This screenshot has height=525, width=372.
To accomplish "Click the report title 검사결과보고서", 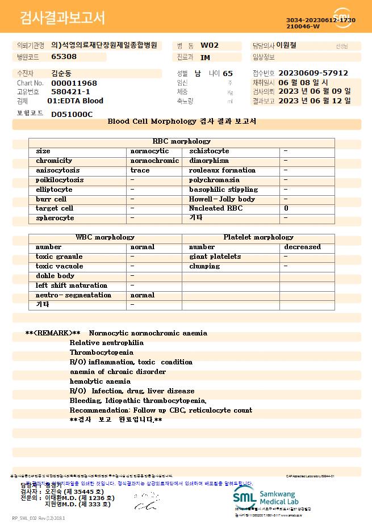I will click(62, 18).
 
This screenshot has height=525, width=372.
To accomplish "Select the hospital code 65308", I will click(64, 57).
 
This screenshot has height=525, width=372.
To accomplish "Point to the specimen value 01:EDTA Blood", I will click(75, 101).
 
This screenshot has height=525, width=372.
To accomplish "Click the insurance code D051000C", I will click(72, 115).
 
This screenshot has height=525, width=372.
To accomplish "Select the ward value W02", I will click(210, 45).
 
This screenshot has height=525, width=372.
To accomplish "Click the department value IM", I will click(205, 57).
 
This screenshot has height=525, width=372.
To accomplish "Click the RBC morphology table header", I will click(181, 141).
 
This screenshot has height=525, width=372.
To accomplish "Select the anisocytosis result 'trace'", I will click(140, 170).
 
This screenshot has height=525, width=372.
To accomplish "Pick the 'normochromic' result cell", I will click(154, 161).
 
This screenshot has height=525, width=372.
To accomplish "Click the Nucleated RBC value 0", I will click(286, 208).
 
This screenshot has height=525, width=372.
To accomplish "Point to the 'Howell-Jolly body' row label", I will click(221, 199).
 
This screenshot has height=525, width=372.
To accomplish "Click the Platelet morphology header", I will click(258, 237).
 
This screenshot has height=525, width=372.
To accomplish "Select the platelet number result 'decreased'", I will click(302, 247).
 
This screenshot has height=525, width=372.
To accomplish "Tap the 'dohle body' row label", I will click(55, 276).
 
